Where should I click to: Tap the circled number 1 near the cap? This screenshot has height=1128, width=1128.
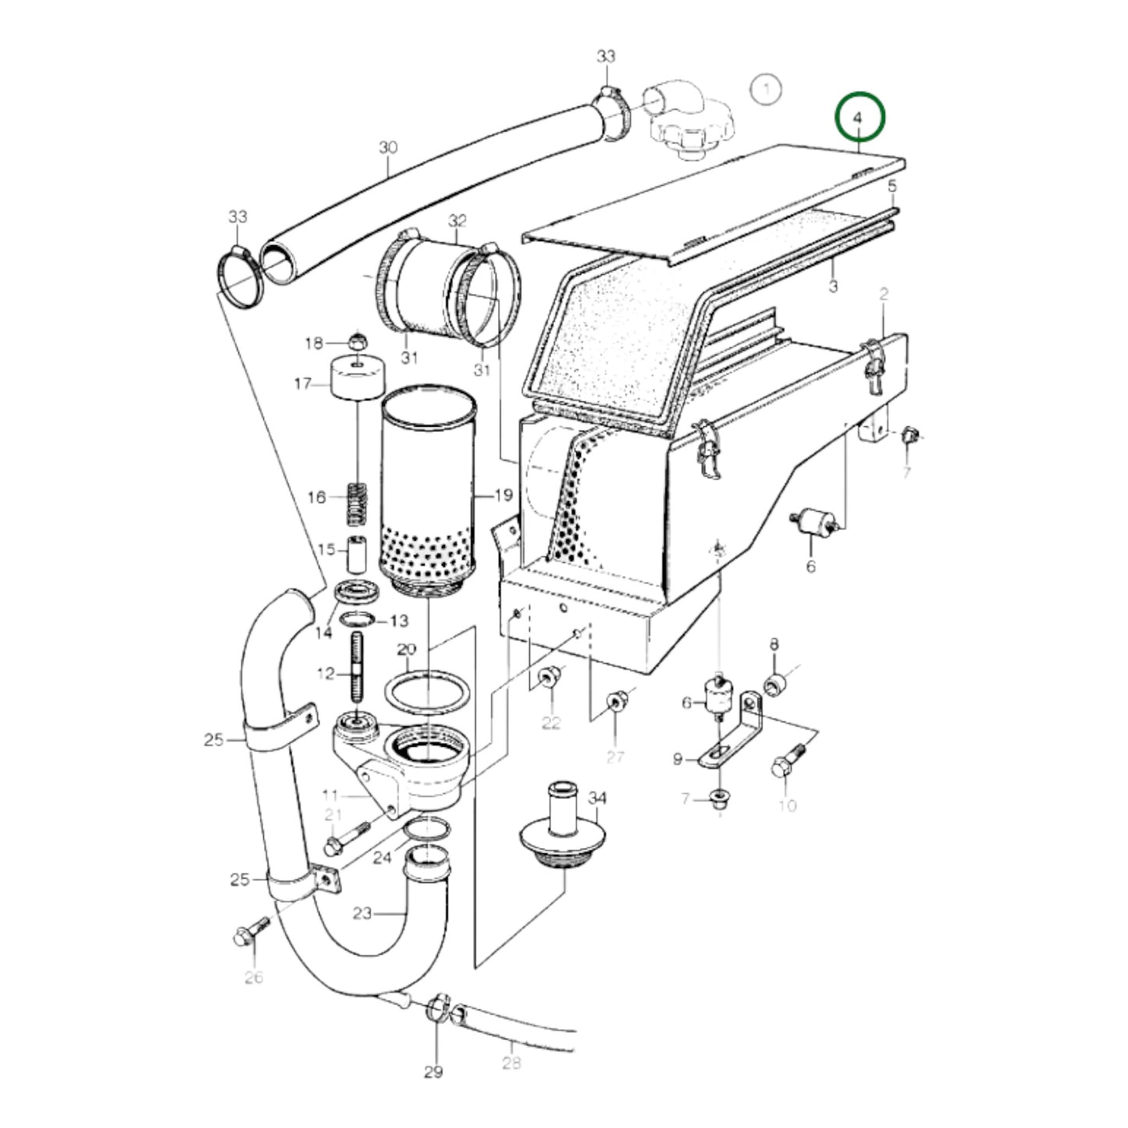coord(767,89)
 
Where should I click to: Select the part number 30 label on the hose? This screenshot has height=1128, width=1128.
coord(388,148)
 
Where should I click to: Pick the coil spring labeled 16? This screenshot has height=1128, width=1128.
coord(357,504)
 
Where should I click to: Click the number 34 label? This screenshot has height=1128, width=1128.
coord(597,798)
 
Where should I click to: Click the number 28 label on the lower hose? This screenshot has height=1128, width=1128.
coord(511,1062)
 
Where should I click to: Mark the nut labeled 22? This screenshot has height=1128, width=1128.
coord(550,678)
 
